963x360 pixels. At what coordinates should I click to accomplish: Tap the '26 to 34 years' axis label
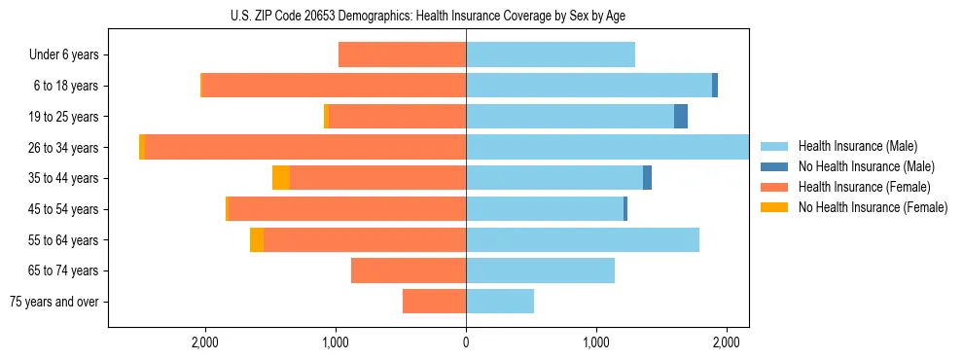click(63, 148)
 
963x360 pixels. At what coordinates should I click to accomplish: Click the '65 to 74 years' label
click(63, 270)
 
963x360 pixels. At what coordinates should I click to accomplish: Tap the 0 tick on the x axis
click(466, 342)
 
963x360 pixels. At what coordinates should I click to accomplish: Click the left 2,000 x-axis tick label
click(204, 342)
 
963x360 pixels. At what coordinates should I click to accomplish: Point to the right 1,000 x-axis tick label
click(596, 342)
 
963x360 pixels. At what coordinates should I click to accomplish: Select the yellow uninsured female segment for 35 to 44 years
click(281, 178)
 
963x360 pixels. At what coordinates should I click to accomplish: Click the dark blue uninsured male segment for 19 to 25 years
click(681, 117)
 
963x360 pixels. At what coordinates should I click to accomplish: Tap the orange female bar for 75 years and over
click(434, 302)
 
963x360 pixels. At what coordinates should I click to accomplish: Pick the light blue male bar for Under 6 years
click(551, 55)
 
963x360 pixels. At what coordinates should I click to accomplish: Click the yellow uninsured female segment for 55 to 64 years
click(257, 240)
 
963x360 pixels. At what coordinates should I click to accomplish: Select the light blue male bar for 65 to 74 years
click(540, 270)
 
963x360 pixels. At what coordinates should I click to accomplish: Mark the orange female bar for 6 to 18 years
click(334, 86)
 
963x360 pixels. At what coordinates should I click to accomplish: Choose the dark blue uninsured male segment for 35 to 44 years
click(647, 178)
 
